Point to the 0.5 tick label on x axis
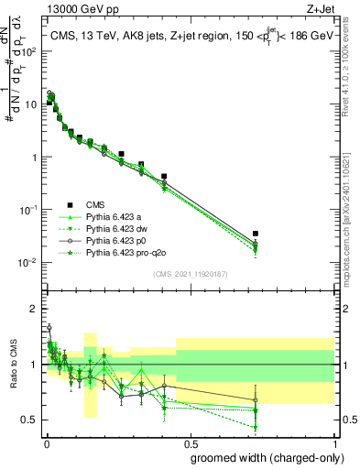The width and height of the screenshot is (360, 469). pos(190,442)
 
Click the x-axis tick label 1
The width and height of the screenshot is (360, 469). pos(333,442)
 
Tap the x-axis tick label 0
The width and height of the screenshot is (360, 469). pos(46,442)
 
